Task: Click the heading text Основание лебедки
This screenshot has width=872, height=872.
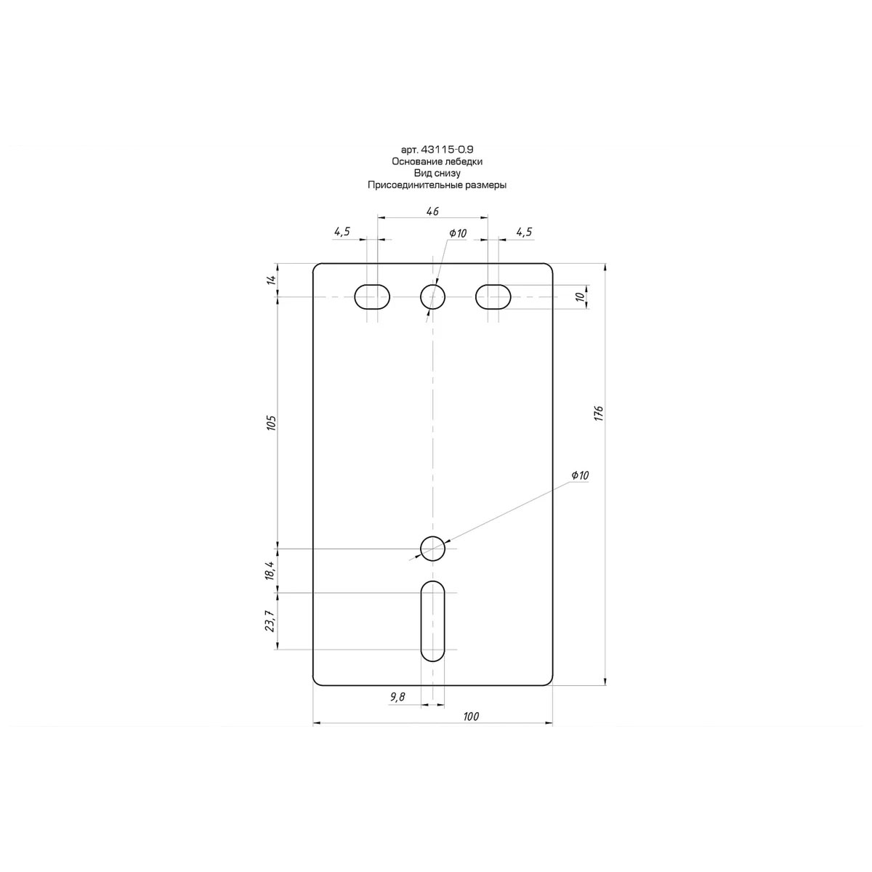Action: point(437,161)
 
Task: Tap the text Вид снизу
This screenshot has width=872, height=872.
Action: point(437,174)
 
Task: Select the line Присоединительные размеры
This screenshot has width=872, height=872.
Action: point(437,185)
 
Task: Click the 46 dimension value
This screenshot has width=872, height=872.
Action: point(432,211)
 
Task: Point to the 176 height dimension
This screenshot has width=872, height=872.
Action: point(599,413)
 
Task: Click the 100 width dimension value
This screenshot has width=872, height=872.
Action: point(471,716)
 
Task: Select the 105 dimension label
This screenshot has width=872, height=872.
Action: point(271,422)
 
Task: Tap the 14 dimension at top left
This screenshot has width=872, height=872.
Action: point(271,280)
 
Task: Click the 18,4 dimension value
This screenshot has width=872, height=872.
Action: point(270,570)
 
